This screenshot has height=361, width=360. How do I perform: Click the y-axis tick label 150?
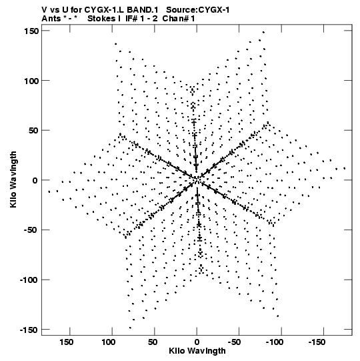pyautogui.click(x=31, y=31)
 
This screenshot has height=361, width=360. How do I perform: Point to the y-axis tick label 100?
pyautogui.click(x=31, y=81)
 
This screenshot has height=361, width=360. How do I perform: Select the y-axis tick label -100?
pyautogui.click(x=29, y=280)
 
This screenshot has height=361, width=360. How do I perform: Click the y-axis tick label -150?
pyautogui.click(x=29, y=330)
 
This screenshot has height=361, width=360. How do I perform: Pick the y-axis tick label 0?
pyautogui.click(x=35, y=180)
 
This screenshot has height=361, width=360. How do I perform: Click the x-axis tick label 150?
pyautogui.click(x=67, y=342)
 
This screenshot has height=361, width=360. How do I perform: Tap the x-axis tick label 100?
pyautogui.click(x=109, y=342)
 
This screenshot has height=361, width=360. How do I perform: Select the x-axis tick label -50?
pyautogui.click(x=234, y=342)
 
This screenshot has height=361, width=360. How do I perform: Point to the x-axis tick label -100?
pyautogui.click(x=275, y=342)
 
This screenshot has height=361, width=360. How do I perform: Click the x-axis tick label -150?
pyautogui.click(x=317, y=342)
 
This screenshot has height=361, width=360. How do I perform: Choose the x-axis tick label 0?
pyautogui.click(x=197, y=342)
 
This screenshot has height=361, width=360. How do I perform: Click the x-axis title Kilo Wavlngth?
pyautogui.click(x=197, y=351)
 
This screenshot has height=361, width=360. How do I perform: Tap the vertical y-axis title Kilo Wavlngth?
pyautogui.click(x=13, y=179)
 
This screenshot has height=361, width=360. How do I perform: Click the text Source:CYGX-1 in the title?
pyautogui.click(x=198, y=10)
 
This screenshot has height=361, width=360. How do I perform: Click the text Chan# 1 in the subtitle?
pyautogui.click(x=179, y=19)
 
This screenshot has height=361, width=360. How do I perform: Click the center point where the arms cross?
pyautogui.click(x=197, y=179)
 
